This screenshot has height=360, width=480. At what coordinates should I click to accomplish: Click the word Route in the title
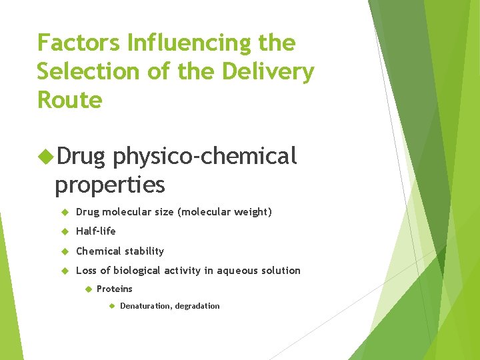coord(69,100)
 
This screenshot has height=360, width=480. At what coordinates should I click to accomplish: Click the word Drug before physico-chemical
coord(81,156)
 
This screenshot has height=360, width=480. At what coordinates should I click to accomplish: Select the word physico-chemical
coord(205,156)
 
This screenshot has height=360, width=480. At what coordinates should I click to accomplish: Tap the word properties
coord(110,183)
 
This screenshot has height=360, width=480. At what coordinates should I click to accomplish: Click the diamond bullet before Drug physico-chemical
coord(47,157)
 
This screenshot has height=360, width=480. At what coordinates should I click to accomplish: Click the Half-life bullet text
coord(96,231)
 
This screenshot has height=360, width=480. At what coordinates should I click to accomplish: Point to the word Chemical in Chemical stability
coord(98,251)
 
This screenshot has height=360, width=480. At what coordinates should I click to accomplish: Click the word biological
coord(136,271)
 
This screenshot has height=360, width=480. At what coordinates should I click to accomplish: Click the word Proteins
coord(115,289)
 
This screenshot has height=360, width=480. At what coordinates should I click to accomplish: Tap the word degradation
coord(197,306)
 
